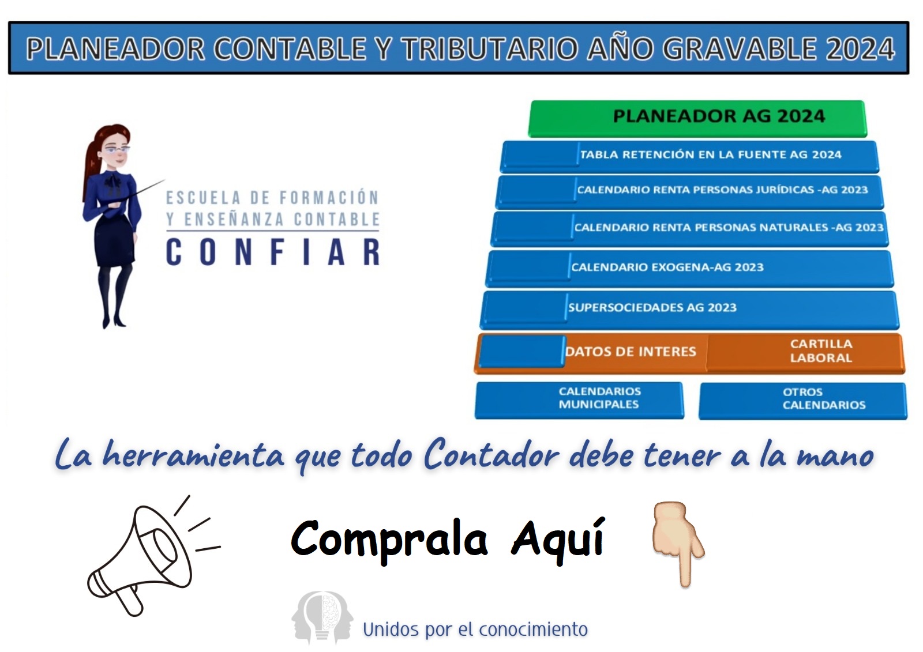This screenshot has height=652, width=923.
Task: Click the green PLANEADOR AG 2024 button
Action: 697,118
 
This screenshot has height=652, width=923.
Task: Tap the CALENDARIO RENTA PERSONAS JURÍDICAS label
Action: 722,190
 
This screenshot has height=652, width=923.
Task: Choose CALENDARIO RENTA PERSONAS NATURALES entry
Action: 729,227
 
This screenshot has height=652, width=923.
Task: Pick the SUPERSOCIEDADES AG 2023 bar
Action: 689,310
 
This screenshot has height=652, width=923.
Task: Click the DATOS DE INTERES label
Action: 631,351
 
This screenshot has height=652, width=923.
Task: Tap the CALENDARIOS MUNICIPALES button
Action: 579,400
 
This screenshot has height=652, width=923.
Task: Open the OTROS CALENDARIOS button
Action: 802,401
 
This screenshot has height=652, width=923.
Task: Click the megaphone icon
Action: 152,556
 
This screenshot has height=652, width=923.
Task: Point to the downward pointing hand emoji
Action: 678,544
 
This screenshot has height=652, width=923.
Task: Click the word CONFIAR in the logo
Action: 273,252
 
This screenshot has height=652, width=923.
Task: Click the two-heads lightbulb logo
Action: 322,618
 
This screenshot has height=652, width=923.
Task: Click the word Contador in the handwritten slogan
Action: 491,454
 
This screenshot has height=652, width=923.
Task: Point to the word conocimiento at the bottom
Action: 533,630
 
